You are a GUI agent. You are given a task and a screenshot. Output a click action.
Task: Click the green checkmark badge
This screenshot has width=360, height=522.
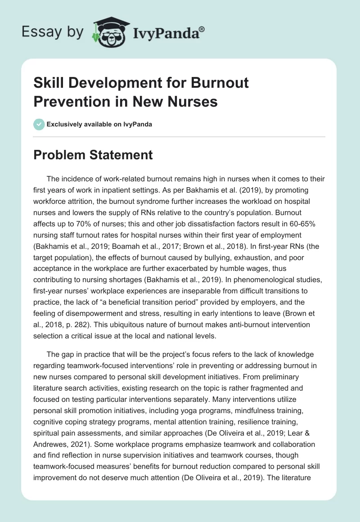click(x=39, y=124)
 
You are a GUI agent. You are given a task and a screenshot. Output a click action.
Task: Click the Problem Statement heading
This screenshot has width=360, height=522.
click(x=93, y=155)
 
